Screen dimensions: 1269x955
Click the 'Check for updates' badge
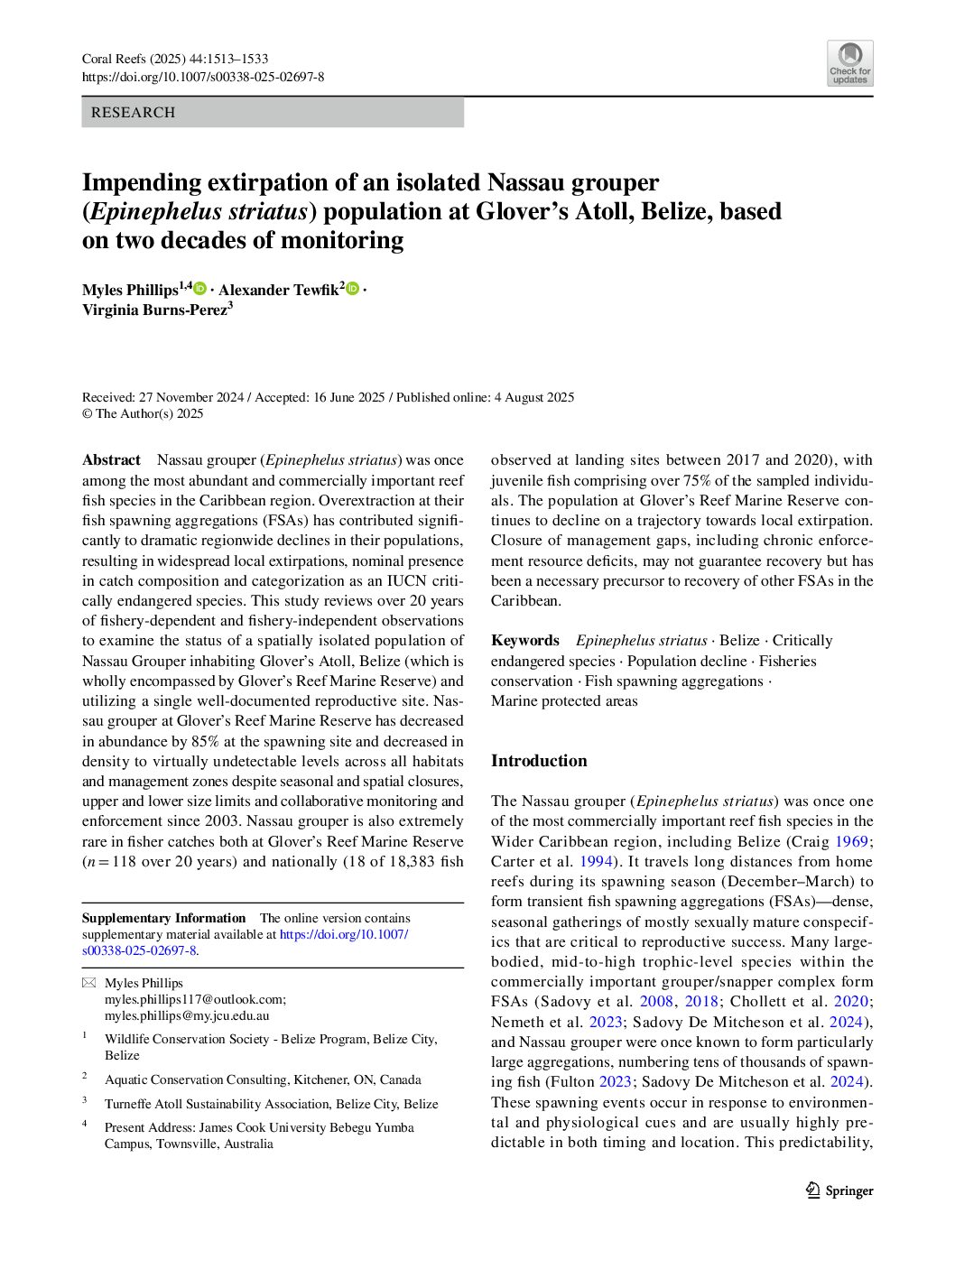point(849,63)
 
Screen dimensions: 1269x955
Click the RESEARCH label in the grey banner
point(133,113)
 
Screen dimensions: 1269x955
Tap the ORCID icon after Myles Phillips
point(200,289)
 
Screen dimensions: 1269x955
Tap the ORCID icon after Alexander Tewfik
point(353,289)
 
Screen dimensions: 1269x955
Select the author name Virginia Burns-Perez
point(155,310)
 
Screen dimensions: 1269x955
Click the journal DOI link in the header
point(203,78)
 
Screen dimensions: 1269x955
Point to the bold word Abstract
point(111,460)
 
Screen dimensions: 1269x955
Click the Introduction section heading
point(539,761)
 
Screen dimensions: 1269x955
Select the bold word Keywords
point(525,641)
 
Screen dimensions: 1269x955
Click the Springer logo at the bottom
point(839,1190)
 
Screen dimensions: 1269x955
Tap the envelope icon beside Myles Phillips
point(88,983)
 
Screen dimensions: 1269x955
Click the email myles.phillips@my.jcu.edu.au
point(187,1015)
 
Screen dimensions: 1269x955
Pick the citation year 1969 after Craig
point(851,841)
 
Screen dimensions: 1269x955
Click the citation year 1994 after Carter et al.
point(595,861)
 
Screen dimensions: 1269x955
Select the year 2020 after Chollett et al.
point(851,1002)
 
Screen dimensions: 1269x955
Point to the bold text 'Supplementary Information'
point(163,919)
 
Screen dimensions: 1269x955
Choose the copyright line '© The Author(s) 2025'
point(143,414)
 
